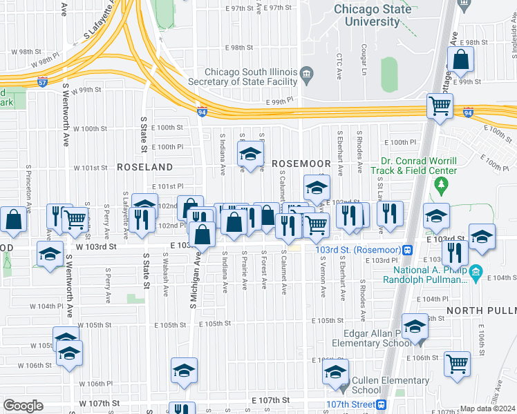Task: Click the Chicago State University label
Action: point(373,14)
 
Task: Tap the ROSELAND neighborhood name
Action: point(144,167)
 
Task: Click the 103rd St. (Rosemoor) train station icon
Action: point(408,249)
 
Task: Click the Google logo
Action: point(23,405)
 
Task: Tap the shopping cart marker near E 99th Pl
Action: point(440,107)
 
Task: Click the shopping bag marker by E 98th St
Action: point(460,61)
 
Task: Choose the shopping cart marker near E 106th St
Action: point(457,364)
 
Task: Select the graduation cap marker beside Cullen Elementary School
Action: point(336,373)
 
